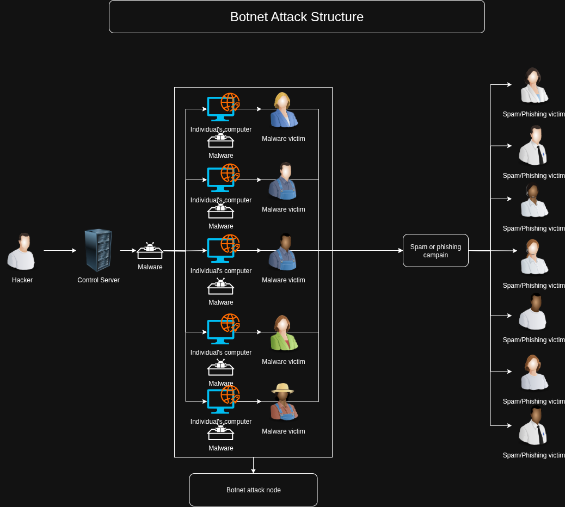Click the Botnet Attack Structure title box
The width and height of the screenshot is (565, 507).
[297, 17]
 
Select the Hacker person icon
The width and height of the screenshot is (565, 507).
[22, 252]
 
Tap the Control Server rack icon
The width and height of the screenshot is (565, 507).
[99, 250]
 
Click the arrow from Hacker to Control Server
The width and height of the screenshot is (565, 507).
[60, 251]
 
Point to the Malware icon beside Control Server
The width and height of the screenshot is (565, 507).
[150, 251]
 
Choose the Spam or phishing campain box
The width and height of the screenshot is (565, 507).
[435, 251]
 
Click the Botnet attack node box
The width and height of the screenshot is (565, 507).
[253, 490]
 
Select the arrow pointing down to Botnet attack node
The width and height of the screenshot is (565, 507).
[253, 465]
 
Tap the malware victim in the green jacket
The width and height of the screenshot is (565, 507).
[282, 333]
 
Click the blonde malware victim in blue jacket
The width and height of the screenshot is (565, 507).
[282, 110]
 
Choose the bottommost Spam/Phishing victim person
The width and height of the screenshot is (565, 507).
[533, 425]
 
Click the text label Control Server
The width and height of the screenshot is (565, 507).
[99, 280]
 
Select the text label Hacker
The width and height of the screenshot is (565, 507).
[22, 280]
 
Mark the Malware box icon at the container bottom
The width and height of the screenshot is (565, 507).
[220, 433]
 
